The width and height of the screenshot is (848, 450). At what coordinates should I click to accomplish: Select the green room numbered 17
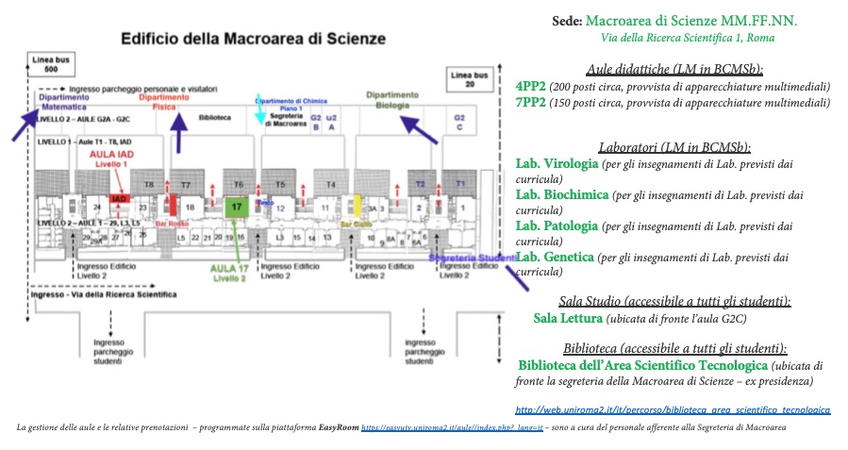[238, 206]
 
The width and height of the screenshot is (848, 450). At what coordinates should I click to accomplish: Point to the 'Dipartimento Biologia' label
[392, 100]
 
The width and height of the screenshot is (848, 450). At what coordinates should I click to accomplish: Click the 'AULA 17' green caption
[229, 273]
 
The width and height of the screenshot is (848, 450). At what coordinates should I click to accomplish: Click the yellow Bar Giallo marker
[357, 205]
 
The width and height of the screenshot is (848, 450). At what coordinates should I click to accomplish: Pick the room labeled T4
[330, 184]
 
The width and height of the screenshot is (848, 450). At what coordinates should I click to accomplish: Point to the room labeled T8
[148, 184]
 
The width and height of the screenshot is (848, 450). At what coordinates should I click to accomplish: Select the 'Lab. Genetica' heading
[555, 256]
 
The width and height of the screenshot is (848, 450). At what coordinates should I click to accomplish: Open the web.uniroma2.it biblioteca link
[673, 411]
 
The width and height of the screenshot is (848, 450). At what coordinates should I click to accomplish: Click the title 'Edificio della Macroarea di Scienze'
[252, 39]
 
